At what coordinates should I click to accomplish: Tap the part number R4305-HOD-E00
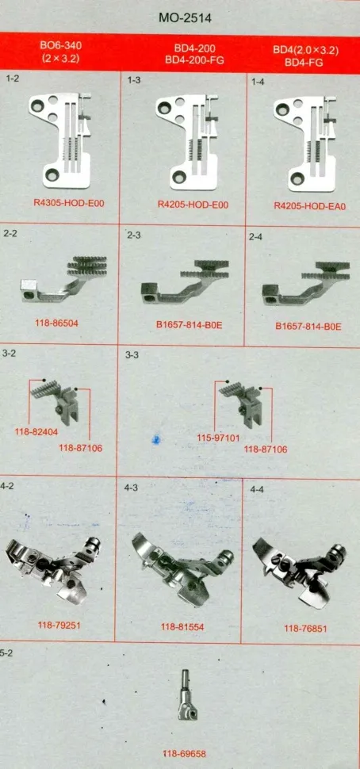(x=69, y=202)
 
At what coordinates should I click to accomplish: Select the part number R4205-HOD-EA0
(x=309, y=206)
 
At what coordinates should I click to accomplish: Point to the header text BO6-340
(x=61, y=46)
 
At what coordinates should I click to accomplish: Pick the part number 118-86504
(x=56, y=323)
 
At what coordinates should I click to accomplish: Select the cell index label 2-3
(x=134, y=235)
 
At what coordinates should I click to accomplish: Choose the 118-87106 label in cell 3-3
(x=266, y=450)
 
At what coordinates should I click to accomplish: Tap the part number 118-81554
(x=182, y=626)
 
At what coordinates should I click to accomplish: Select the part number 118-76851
(x=305, y=628)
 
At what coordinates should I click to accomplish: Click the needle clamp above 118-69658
(x=187, y=696)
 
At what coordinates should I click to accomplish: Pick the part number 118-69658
(x=185, y=754)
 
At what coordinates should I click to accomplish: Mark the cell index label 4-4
(x=257, y=489)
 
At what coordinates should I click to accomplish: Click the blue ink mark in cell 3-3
(x=156, y=439)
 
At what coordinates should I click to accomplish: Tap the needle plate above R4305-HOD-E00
(x=59, y=140)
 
